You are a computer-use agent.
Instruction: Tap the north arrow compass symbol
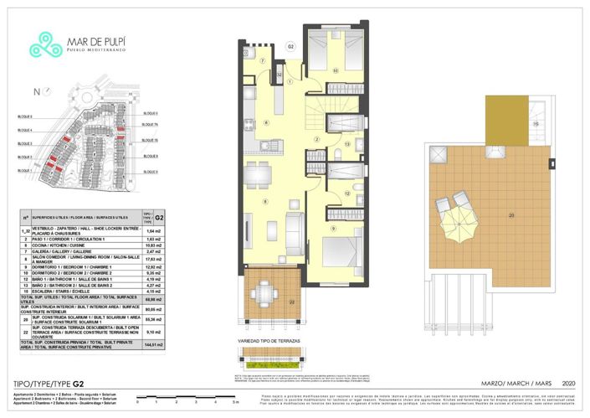coord(36,93)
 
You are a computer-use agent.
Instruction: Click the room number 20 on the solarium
coord(510,215)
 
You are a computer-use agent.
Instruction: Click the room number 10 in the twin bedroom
coord(335,71)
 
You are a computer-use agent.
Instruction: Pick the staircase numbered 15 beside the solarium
coord(536,125)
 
